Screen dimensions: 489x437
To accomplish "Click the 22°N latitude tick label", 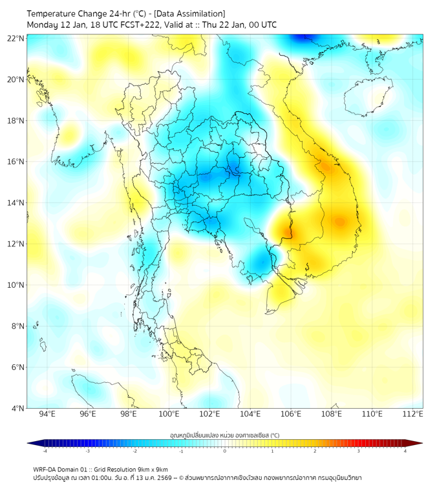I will pyautogui.click(x=16, y=38).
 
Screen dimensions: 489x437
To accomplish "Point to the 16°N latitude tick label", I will pyautogui.click(x=16, y=162).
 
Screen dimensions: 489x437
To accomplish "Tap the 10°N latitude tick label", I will pyautogui.click(x=16, y=285).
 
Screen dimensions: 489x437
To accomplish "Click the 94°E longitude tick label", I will pyautogui.click(x=47, y=414).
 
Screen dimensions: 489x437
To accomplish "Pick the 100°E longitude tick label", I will pyautogui.click(x=169, y=414).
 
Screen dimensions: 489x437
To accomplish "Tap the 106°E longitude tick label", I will pyautogui.click(x=291, y=414).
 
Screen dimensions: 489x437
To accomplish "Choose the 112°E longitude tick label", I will pyautogui.click(x=413, y=414).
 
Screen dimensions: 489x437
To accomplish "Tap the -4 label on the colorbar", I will pyautogui.click(x=45, y=451).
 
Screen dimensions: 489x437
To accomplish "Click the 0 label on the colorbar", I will pyautogui.click(x=225, y=451).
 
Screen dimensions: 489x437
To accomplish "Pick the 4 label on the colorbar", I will pyautogui.click(x=405, y=451).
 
